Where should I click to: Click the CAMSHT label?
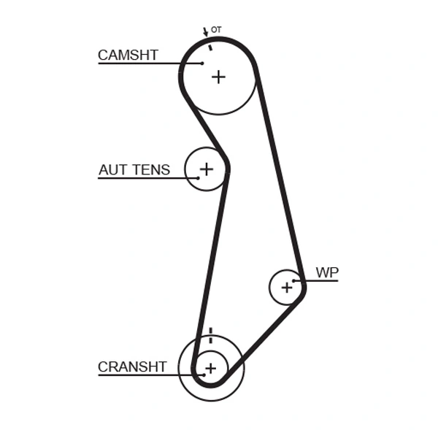pos(128,55)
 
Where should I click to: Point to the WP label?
pos(326,273)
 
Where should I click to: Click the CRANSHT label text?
pos(132,367)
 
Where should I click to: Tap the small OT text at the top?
pos(216,30)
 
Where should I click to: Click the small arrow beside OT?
pos(205,33)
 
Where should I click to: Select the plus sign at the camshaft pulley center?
pos(218,77)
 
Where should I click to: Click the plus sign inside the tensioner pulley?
pos(207,169)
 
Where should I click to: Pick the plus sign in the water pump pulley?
pos(286,288)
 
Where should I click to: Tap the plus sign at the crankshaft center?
pos(210,369)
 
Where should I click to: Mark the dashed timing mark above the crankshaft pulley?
pos(210,335)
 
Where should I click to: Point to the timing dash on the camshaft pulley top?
pos(210,47)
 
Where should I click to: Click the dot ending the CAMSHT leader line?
pos(202,64)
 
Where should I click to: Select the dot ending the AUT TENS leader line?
pos(197,178)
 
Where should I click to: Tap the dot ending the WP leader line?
pos(294,281)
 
